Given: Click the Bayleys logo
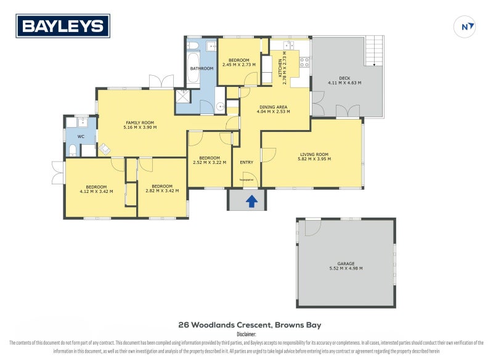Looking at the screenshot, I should [x=63, y=27].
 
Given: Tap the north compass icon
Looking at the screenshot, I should [x=468, y=27].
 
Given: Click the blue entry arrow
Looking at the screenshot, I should [x=251, y=201].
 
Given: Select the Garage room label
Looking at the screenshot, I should [x=346, y=263].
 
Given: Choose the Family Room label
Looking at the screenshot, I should [x=141, y=123].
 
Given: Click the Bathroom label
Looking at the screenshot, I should [x=201, y=68].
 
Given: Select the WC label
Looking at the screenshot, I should [x=81, y=136].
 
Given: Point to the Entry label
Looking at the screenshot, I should [x=246, y=163].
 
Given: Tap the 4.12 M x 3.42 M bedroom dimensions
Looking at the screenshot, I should [x=96, y=191].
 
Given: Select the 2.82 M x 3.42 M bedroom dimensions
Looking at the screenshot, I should [x=161, y=191].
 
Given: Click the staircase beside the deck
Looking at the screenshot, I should [x=374, y=51].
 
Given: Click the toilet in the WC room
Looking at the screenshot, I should [x=72, y=150].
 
